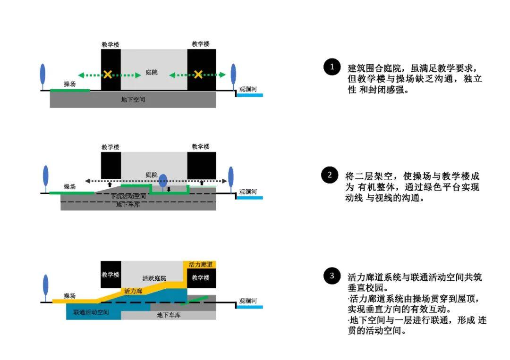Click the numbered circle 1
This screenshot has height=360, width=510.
tap(331, 67)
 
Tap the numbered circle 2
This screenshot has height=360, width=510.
tap(329, 175)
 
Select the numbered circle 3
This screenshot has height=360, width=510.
tap(331, 276)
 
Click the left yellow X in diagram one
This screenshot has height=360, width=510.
tap(108, 74)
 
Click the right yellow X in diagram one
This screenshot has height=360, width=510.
tap(198, 74)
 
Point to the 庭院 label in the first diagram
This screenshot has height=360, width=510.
tap(152, 73)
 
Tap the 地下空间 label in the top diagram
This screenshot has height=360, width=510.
tap(133, 100)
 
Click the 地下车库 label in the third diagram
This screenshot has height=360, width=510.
tap(169, 315)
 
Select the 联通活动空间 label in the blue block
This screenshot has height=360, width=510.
tap(91, 312)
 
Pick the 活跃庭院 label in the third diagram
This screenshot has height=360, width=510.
tap(154, 278)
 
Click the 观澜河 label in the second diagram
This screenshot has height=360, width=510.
tap(248, 192)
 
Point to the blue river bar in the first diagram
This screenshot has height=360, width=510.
tap(249, 95)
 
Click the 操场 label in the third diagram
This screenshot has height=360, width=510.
tap(69, 296)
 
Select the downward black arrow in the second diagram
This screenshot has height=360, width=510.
tap(169, 190)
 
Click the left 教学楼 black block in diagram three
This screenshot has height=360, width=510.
tap(110, 275)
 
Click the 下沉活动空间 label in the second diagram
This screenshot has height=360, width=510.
tap(128, 196)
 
